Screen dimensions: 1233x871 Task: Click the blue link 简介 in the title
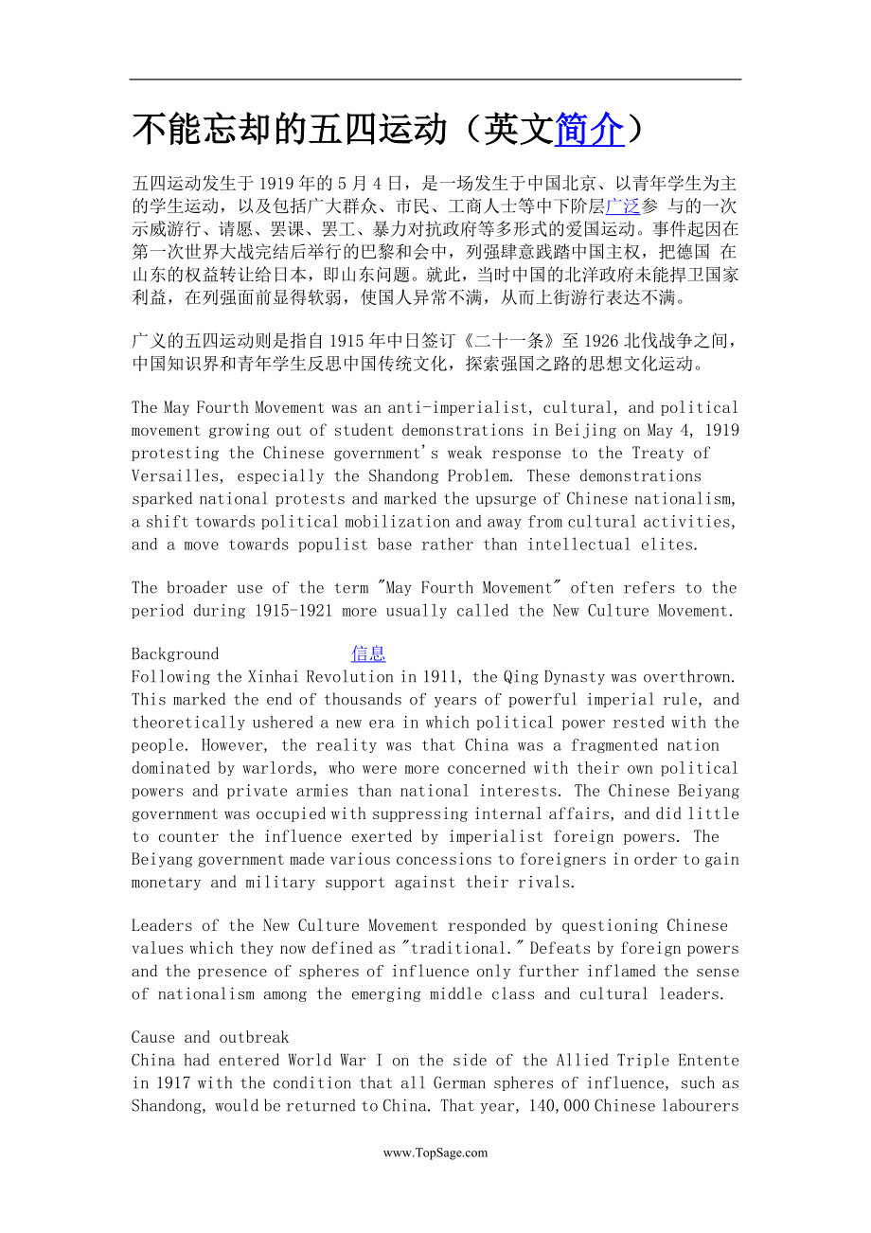589,130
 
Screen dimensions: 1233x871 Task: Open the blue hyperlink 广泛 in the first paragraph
623,205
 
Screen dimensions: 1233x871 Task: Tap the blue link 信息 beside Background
368,653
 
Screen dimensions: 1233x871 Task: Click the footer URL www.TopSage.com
435,1153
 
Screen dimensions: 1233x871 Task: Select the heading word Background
175,654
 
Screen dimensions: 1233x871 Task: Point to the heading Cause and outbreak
210,1038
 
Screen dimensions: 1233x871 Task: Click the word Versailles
179,476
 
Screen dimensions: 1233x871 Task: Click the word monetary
166,883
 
